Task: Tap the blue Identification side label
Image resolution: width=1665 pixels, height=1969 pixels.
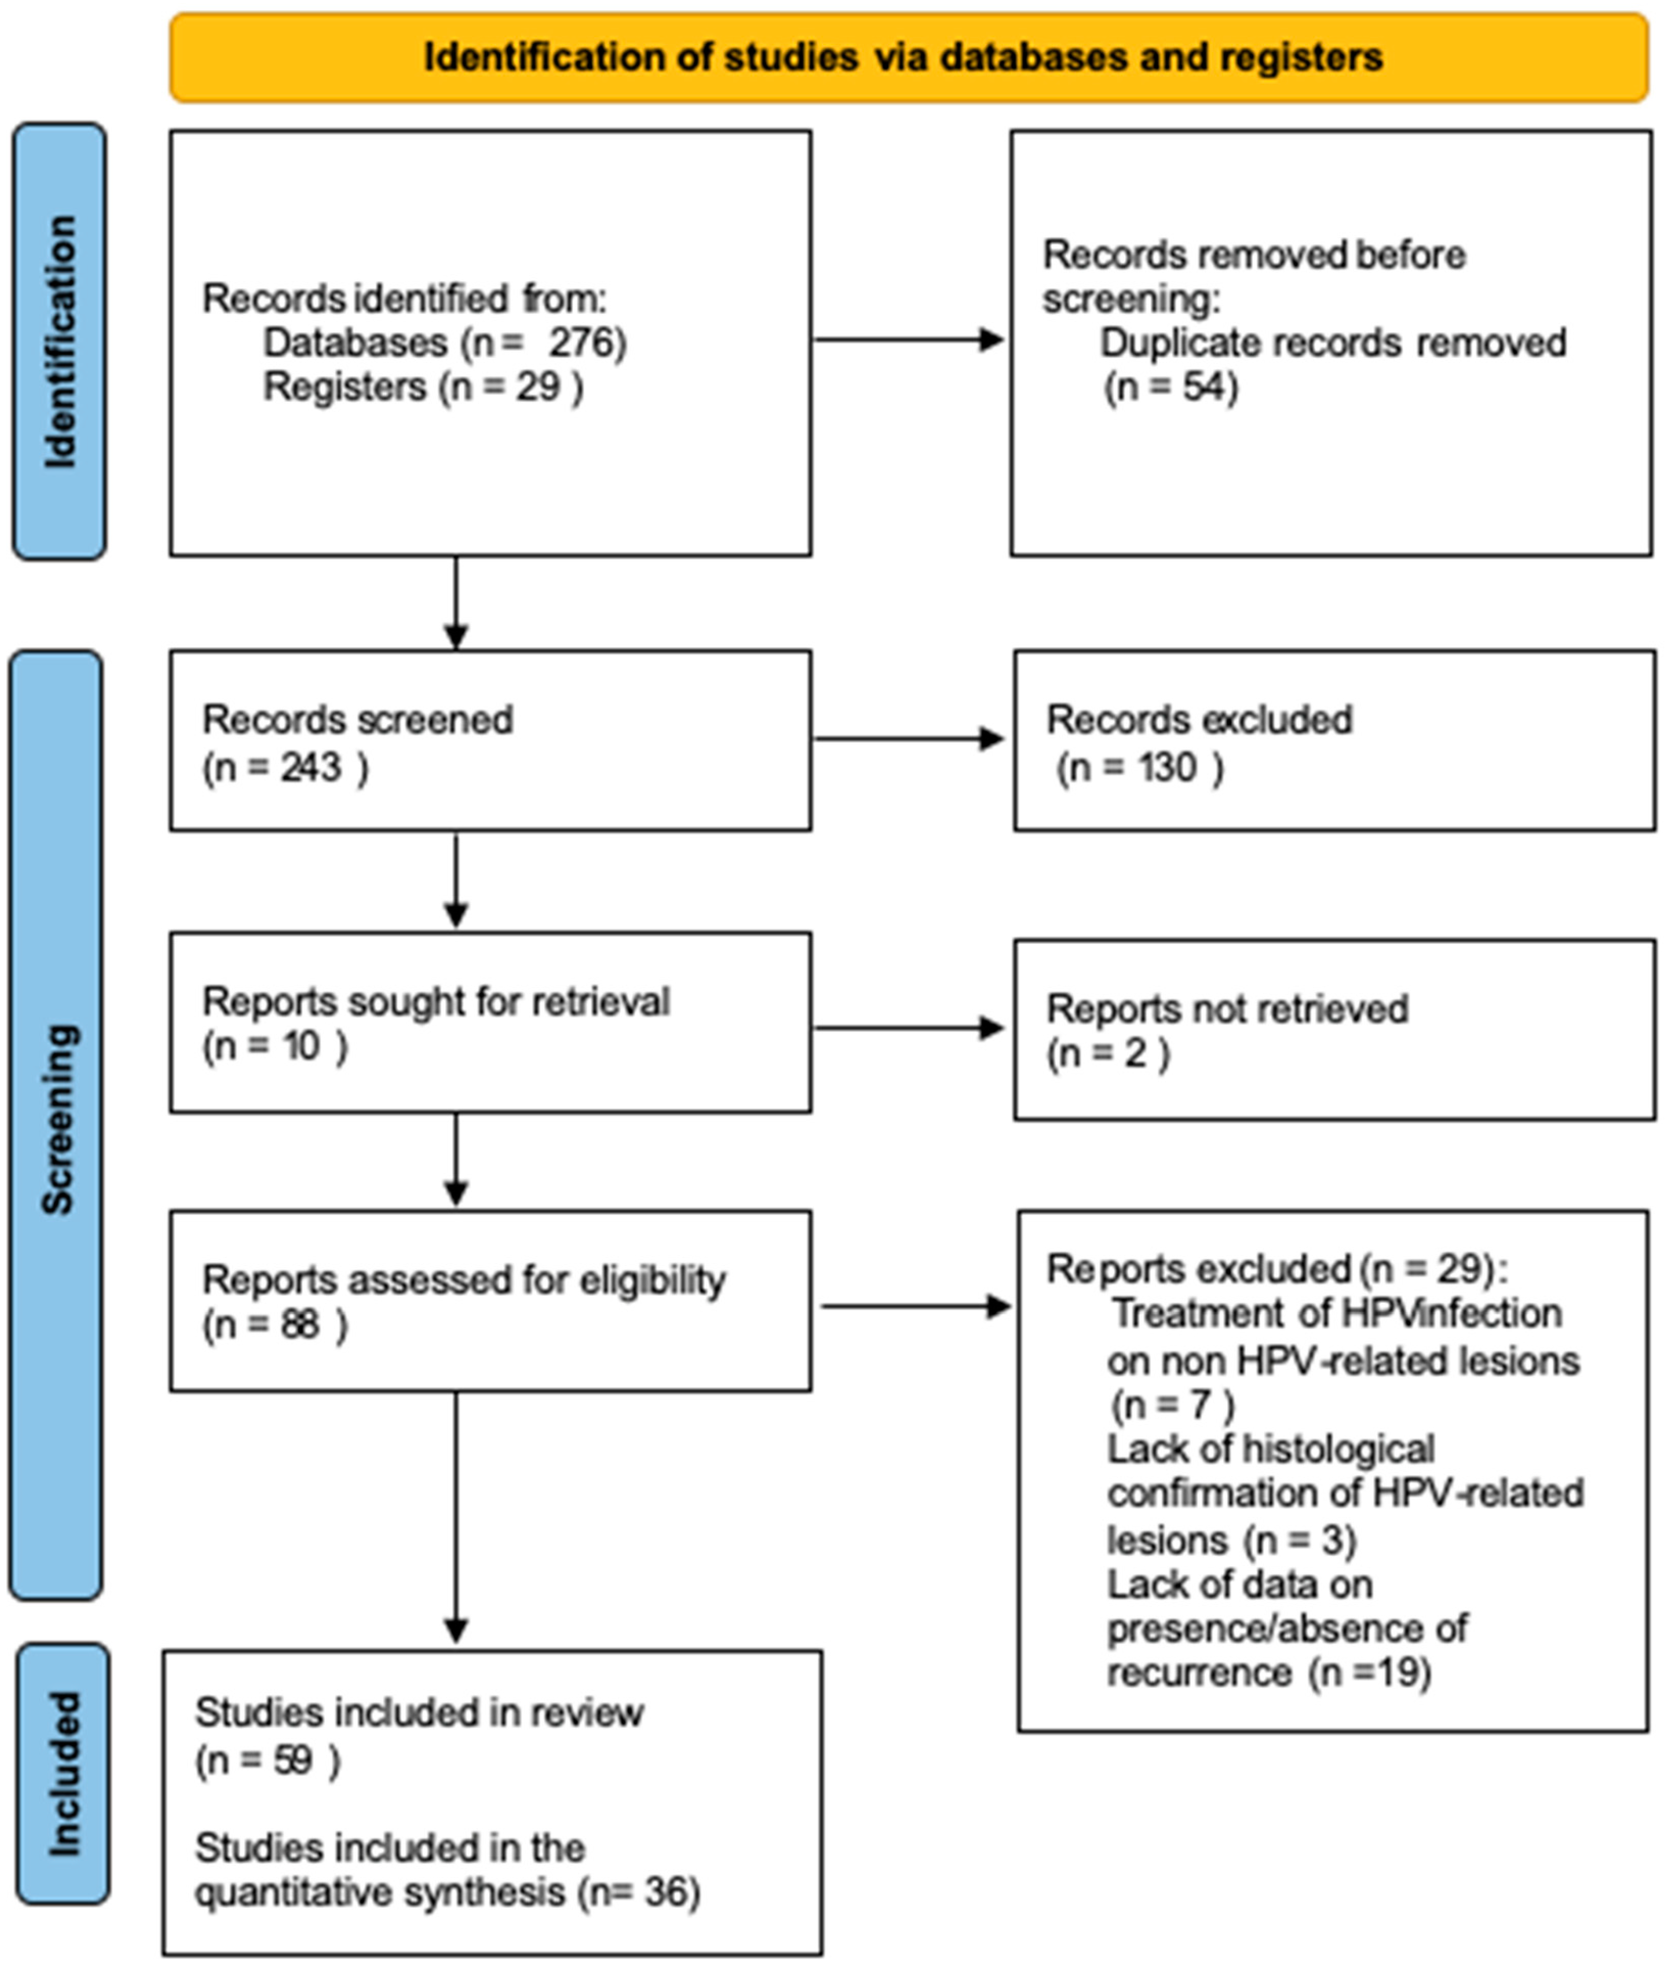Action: (x=59, y=342)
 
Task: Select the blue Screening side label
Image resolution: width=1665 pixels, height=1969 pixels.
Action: (x=57, y=1120)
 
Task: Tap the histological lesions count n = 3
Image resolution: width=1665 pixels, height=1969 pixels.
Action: (x=1300, y=1541)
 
